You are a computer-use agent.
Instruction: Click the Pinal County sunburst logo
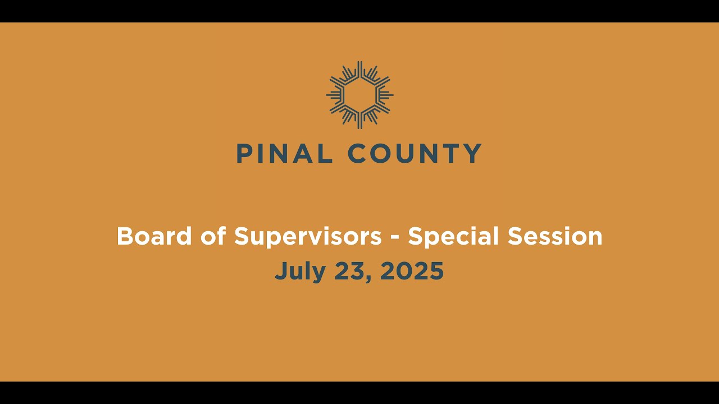point(359,95)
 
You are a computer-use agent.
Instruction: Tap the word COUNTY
point(415,153)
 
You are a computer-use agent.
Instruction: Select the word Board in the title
point(146,236)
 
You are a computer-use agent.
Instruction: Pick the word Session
point(555,236)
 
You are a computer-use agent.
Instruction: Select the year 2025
point(412,272)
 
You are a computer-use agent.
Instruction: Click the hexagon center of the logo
point(359,95)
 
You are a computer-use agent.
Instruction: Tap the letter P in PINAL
point(243,153)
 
